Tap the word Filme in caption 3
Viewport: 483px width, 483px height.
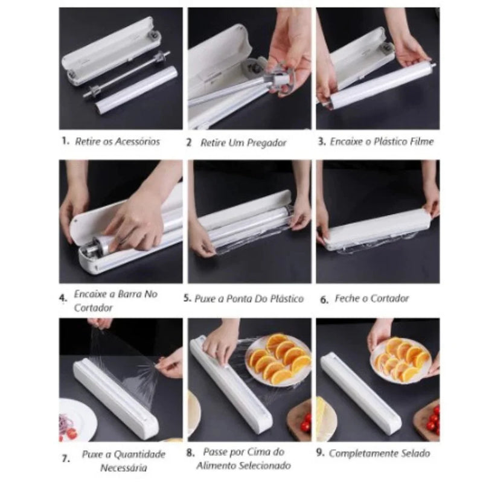coord(420,141)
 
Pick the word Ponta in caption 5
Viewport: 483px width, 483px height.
coord(237,299)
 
